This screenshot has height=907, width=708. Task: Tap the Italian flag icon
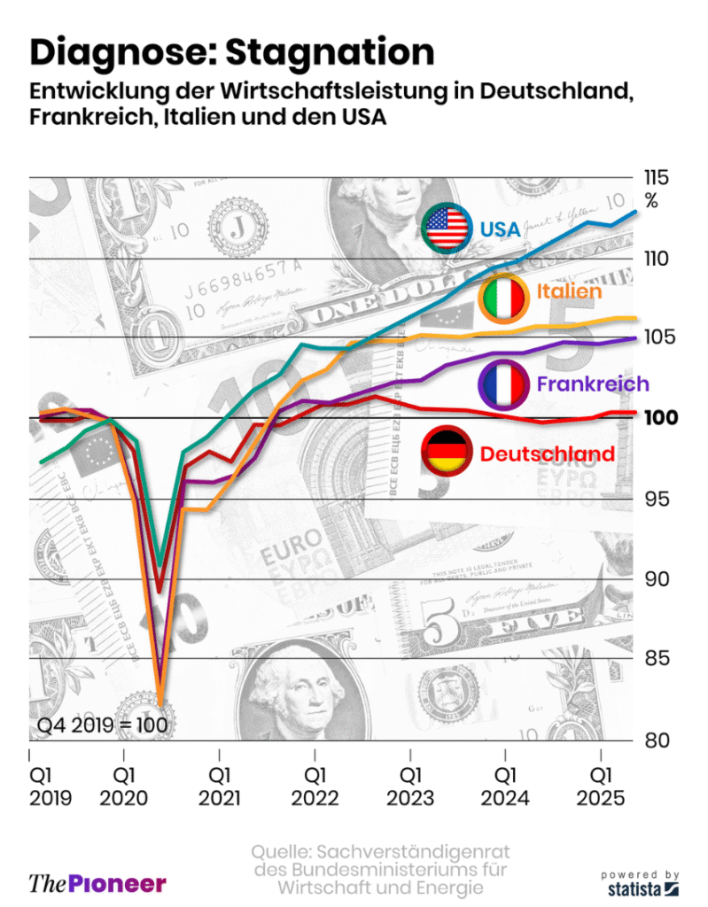tap(503, 298)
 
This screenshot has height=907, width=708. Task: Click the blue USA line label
tap(501, 229)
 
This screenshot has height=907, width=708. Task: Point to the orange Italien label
tap(569, 291)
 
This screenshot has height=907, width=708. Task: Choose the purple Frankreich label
tap(593, 384)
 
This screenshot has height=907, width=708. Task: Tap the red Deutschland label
tap(547, 453)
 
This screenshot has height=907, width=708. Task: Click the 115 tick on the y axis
tap(657, 177)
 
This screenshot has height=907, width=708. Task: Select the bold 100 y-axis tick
tap(660, 417)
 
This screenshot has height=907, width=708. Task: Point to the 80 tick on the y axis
tap(657, 740)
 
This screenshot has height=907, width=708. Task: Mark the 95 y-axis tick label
tap(657, 499)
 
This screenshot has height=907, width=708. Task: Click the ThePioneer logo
tap(97, 882)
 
